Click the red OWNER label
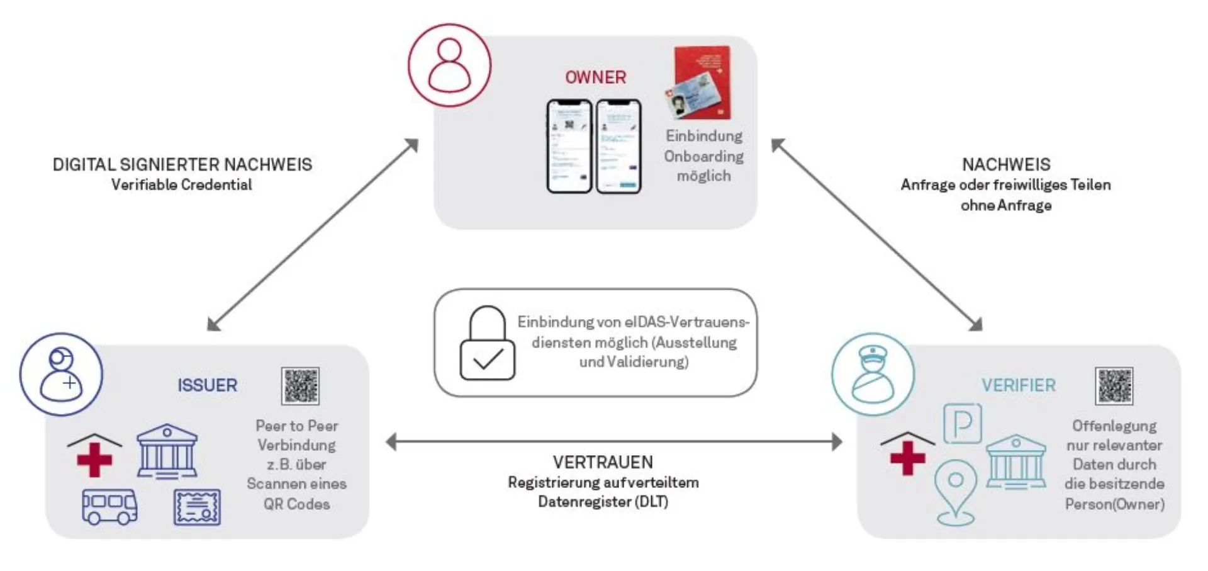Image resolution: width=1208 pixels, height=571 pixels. [595, 77]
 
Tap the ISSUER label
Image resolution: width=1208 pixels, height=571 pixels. [207, 385]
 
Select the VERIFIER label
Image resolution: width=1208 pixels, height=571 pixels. [1018, 385]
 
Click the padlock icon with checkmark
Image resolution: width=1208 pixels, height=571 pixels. [487, 344]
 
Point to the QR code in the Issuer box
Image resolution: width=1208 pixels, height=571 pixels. [300, 386]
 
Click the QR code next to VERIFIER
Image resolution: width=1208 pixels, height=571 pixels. [1114, 386]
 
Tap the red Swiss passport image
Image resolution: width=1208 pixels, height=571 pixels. [702, 82]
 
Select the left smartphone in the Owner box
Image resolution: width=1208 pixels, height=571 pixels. [569, 146]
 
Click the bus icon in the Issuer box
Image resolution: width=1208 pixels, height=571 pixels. [109, 507]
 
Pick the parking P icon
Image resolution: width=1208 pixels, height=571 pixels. [962, 424]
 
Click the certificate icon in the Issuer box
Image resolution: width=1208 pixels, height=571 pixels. [197, 507]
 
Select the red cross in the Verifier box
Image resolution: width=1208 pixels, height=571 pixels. [907, 458]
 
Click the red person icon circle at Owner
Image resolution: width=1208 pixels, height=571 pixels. [449, 65]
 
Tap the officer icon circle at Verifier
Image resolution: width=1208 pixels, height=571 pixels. [873, 375]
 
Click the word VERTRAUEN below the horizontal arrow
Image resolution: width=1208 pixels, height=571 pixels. [603, 462]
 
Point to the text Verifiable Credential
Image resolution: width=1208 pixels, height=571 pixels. [181, 185]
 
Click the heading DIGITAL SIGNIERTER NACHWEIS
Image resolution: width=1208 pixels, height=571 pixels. [182, 165]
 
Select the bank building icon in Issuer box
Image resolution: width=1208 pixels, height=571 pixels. [167, 451]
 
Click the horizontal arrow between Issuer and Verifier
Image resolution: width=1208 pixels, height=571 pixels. [613, 442]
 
